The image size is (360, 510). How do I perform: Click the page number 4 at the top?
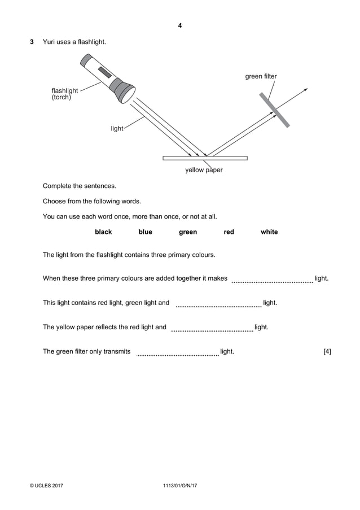[x=180, y=25]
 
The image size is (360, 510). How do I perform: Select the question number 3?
[x=32, y=42]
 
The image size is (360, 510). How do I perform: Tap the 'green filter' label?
[x=261, y=76]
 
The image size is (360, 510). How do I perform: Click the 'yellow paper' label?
[x=204, y=170]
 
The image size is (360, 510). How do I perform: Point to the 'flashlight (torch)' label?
[x=64, y=93]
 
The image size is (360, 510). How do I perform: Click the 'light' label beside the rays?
[x=117, y=129]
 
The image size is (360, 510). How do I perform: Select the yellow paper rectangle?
[x=205, y=158]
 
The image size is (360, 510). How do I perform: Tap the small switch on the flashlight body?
[x=105, y=73]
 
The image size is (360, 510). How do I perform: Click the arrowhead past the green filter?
[x=305, y=90]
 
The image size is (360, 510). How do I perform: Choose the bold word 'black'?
[x=103, y=232]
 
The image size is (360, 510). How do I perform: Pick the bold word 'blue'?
[x=145, y=232]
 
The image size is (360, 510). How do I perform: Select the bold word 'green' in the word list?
[x=188, y=232]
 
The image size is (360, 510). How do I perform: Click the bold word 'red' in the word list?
[x=229, y=232]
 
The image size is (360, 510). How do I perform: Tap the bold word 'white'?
[x=269, y=232]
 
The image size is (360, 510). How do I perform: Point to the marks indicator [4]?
[x=327, y=352]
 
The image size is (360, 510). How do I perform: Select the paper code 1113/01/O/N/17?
[x=179, y=485]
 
